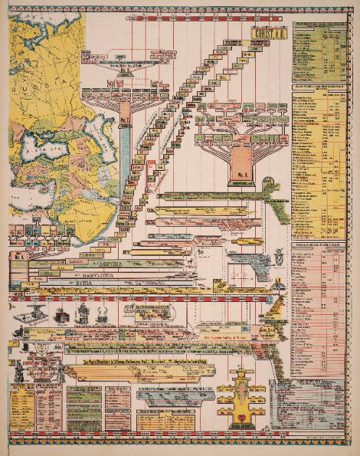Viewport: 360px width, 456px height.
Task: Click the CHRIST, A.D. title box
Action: pyautogui.click(x=269, y=34)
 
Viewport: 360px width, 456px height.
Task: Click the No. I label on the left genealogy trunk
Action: pyautogui.click(x=124, y=122)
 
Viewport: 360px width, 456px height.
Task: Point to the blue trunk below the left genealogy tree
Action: pyautogui.click(x=125, y=165)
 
